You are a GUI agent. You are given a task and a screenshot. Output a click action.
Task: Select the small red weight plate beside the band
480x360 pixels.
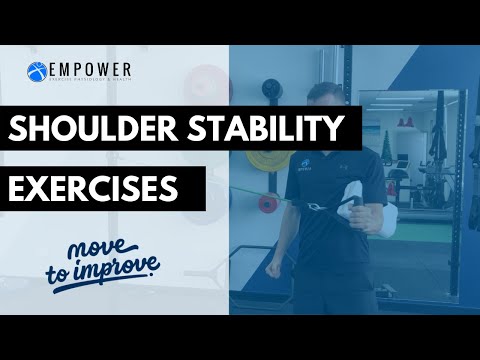(267, 204)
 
